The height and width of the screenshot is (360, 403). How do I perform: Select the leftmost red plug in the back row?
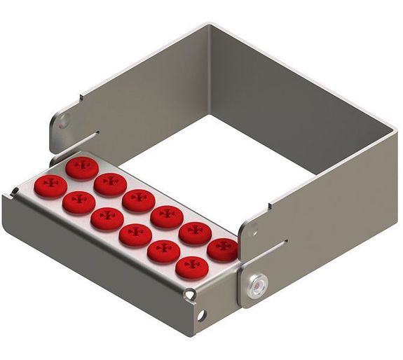coord(82,167)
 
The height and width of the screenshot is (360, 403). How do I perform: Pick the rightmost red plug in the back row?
coord(223,249)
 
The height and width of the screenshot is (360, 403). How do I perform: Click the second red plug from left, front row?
coord(78,202)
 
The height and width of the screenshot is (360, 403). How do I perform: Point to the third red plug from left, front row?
coord(107,219)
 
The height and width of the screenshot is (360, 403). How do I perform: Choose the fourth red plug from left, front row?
coord(135,235)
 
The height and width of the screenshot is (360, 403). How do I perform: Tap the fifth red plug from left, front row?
coord(163,251)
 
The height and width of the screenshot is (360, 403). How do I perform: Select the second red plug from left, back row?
coord(110,184)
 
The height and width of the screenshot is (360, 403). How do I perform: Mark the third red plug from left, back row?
coord(139,200)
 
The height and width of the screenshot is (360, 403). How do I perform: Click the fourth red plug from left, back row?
coord(167,216)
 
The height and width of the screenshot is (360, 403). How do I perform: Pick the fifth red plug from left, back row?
coord(195,233)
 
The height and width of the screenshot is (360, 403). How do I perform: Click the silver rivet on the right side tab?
coord(258,285)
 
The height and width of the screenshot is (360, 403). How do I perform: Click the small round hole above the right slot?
coord(254,226)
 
